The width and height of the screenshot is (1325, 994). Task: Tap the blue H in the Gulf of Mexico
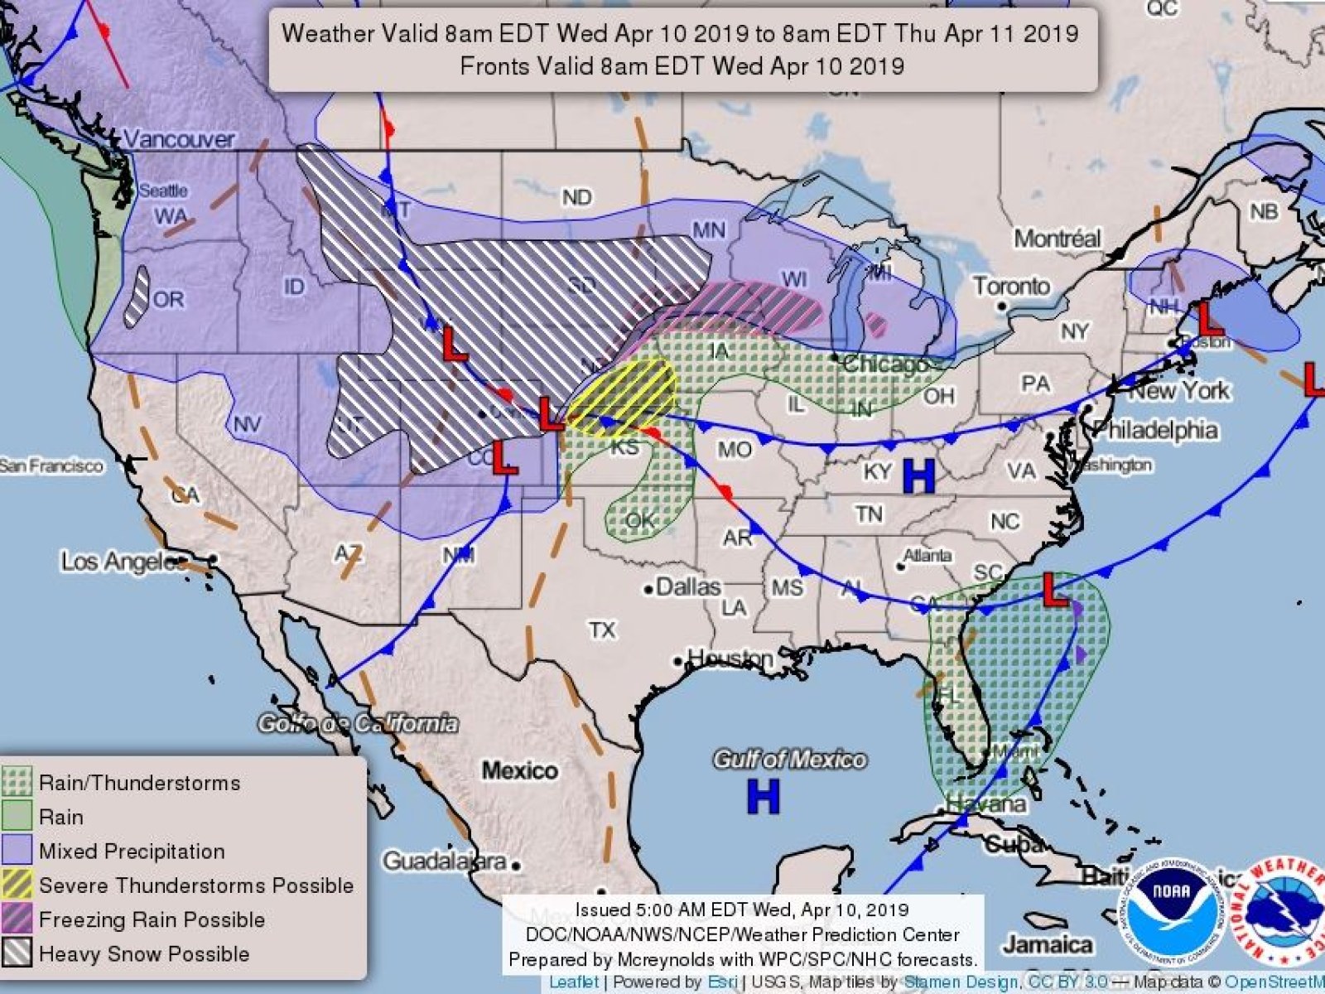[x=763, y=796]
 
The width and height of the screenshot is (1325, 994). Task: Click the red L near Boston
[x=1211, y=318]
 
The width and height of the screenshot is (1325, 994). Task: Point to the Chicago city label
[x=884, y=364]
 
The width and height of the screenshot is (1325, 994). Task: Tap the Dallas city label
[x=687, y=587]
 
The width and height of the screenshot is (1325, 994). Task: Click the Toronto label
[x=1011, y=287]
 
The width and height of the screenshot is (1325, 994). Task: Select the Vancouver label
[x=180, y=138]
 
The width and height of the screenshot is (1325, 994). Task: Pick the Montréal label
[x=1058, y=239]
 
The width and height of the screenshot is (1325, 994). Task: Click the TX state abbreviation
[x=602, y=630]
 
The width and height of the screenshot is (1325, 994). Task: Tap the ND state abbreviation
[x=576, y=197]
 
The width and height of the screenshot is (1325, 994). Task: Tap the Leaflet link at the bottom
[x=575, y=982]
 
